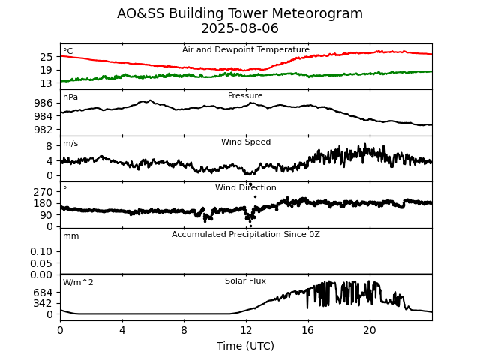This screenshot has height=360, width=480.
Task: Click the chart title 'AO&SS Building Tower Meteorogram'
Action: point(240,13)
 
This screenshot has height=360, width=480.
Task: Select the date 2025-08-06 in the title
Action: point(240,28)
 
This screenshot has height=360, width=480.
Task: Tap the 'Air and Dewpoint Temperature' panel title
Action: point(246,50)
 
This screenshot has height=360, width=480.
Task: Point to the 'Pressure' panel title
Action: point(246,96)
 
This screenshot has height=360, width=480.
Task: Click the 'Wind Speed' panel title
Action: point(246,142)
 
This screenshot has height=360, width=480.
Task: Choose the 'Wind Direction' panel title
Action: point(246,188)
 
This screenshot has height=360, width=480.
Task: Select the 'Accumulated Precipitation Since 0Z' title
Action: point(246,235)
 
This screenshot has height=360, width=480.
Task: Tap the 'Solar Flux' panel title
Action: point(246,281)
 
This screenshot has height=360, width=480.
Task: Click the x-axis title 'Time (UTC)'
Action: point(246,346)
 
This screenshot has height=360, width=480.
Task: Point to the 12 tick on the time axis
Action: point(246,331)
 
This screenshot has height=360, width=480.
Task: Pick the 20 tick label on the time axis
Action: point(370,331)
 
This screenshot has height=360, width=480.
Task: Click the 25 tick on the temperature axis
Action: point(46,57)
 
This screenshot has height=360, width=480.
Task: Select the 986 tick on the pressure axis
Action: point(43,103)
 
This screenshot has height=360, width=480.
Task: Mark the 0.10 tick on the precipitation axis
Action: point(41,251)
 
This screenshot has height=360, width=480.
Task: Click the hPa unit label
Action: point(70,97)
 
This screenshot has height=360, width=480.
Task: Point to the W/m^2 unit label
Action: point(79,283)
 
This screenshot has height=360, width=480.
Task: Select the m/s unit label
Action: point(70,144)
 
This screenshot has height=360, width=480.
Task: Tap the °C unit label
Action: point(68,52)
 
